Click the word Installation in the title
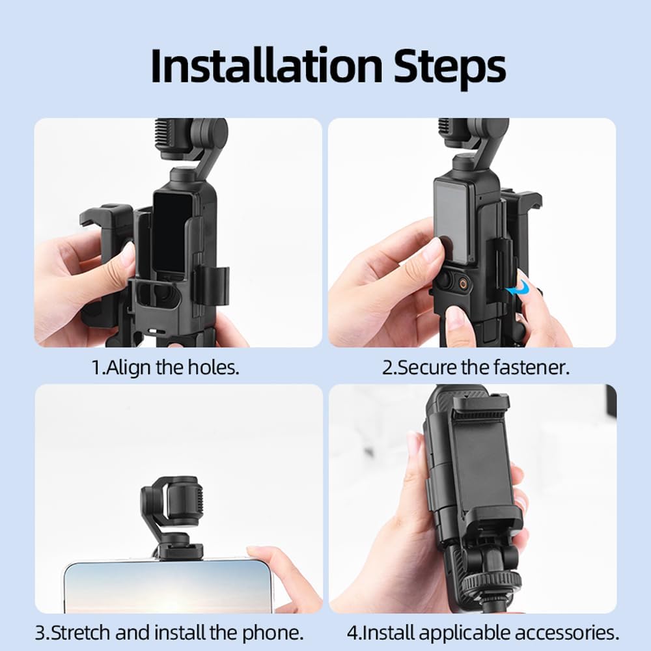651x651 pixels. (267, 65)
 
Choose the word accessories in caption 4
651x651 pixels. (566, 631)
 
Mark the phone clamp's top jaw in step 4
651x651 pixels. (480, 404)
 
